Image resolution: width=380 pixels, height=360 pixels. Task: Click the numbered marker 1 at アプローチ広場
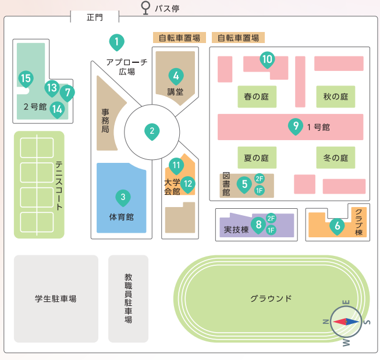tap(117, 42)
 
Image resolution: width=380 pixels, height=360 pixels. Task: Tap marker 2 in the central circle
tap(152, 131)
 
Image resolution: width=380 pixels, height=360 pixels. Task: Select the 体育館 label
tap(122, 217)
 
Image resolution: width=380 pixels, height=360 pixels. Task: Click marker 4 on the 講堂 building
tap(175, 76)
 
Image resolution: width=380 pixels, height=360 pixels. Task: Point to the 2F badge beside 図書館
tap(260, 179)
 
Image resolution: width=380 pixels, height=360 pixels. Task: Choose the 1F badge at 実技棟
tap(271, 230)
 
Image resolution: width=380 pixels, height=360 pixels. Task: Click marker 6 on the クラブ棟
tap(336, 226)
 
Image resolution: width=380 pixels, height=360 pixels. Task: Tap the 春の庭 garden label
tap(257, 97)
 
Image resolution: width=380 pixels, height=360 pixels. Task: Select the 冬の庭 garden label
tap(336, 158)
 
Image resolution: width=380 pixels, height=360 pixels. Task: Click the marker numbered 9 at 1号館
tap(296, 125)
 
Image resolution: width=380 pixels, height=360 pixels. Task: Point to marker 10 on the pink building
tap(267, 59)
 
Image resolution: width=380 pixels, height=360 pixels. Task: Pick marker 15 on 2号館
tap(25, 78)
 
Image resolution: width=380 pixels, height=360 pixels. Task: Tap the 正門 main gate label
tap(94, 17)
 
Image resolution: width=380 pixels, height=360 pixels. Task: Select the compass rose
tap(346, 321)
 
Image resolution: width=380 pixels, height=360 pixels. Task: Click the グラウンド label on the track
tap(271, 299)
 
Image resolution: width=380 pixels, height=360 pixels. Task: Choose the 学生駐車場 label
tap(56, 299)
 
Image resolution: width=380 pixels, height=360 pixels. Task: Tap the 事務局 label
tap(105, 120)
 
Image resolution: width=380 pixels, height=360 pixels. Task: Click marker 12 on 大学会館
tap(187, 184)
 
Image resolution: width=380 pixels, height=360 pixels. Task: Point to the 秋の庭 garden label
tap(336, 97)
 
